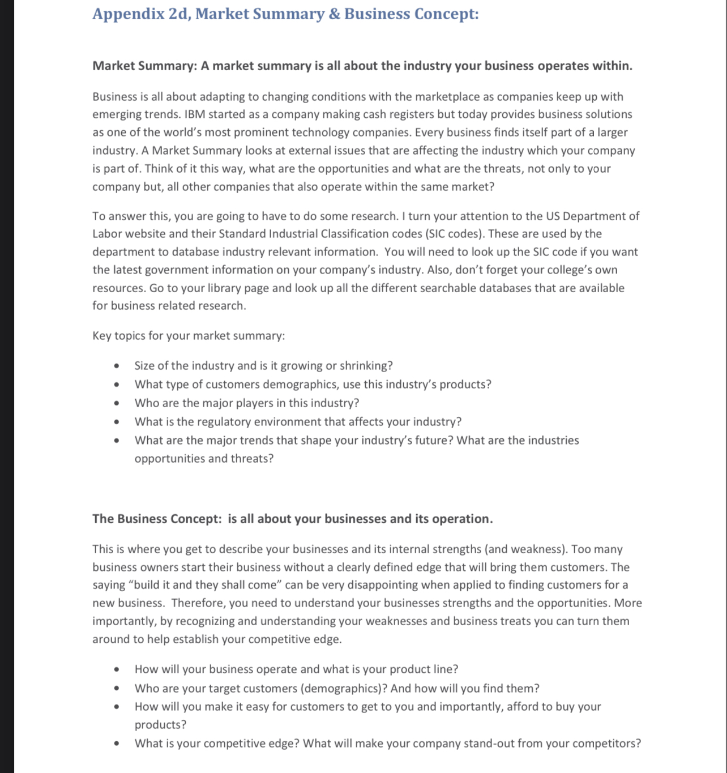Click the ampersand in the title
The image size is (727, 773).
[x=335, y=14]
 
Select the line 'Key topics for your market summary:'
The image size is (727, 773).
[x=189, y=336]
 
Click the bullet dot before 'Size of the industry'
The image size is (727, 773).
[x=117, y=366]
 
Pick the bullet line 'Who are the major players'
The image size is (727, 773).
[x=246, y=403]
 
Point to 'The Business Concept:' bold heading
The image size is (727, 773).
[x=157, y=519]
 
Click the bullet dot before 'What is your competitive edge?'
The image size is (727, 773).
[x=117, y=744]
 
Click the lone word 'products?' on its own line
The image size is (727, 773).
[x=160, y=725]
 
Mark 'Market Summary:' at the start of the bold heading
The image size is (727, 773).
[x=144, y=66]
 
